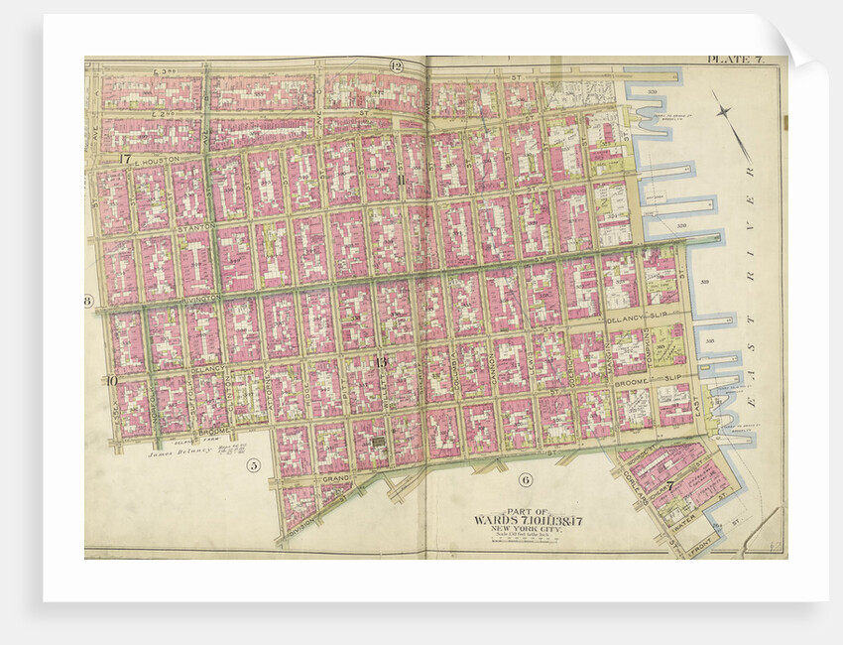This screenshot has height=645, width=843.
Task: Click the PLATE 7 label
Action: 734,61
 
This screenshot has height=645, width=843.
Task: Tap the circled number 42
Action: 396,66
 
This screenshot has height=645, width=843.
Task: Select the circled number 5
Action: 254,464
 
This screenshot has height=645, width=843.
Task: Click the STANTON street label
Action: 194,228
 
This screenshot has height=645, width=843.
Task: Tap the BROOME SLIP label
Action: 631,380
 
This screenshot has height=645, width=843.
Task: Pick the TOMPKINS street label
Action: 645,347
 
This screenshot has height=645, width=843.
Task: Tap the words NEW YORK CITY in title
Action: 524,528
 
